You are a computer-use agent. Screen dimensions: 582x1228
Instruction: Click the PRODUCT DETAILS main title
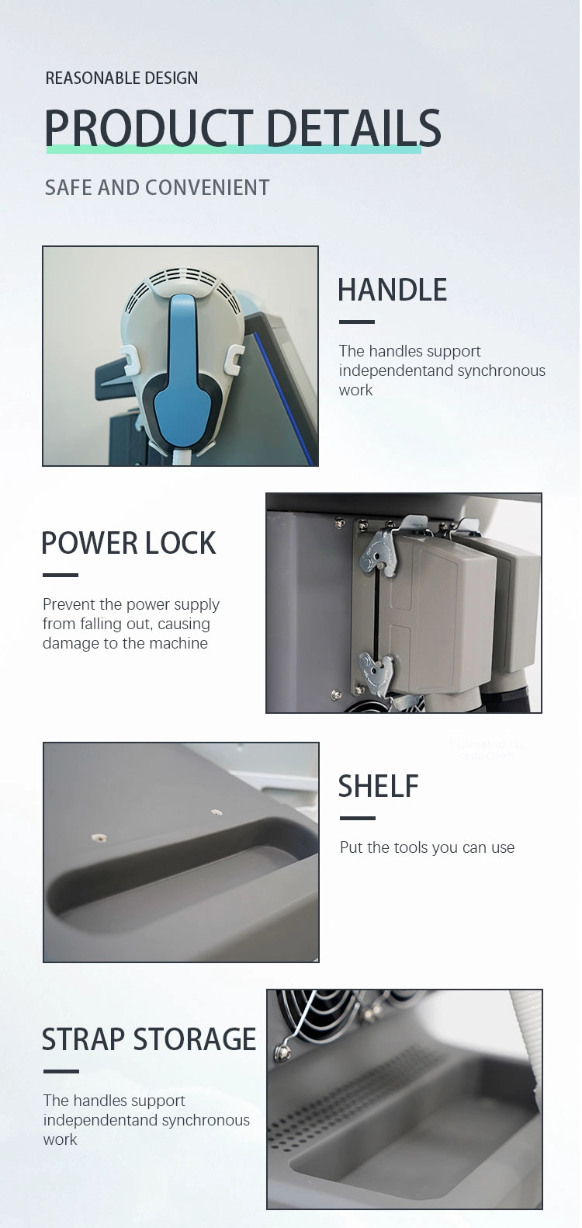[x=243, y=127]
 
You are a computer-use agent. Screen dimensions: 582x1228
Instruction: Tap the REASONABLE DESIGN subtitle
[x=122, y=78]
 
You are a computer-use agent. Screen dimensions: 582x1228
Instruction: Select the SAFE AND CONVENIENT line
[x=157, y=187]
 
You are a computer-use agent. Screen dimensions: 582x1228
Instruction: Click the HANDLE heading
[x=392, y=290]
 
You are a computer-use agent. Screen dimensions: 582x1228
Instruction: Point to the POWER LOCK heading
[x=129, y=543]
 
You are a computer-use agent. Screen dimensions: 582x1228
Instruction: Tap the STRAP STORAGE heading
[x=149, y=1038]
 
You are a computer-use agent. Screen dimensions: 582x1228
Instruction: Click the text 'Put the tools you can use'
[x=427, y=847]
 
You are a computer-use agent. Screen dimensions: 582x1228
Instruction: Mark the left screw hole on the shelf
[x=99, y=837]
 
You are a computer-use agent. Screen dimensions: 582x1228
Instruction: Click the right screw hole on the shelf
[x=217, y=812]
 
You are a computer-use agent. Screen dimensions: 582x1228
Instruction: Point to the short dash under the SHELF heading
[x=358, y=818]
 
